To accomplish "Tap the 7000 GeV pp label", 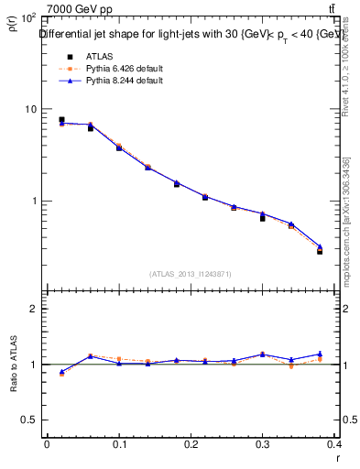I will pos(80,9).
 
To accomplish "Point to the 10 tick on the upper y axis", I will pos(29,109).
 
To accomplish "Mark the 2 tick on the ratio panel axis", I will pos(32,309).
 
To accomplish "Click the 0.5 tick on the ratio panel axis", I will pos(27,420).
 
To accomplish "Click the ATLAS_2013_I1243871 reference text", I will pos(191,274).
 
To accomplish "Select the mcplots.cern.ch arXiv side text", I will pos(345,220).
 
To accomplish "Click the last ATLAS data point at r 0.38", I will pos(320,251).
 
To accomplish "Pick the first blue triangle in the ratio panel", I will pos(61,372).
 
